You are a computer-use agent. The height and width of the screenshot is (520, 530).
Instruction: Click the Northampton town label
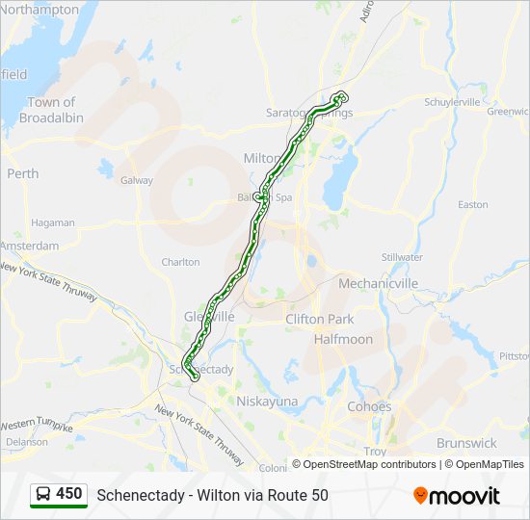41,9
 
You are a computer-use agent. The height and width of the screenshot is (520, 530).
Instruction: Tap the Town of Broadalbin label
51,110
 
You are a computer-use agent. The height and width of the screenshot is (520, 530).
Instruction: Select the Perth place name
23,173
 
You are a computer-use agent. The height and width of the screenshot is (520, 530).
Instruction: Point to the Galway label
137,180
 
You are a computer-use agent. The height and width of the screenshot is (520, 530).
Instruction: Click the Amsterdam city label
30,246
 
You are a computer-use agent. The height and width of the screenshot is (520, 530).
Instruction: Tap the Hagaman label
52,222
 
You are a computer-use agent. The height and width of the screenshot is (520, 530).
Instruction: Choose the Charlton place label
180,262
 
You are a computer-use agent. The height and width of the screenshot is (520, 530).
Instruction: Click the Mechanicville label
378,283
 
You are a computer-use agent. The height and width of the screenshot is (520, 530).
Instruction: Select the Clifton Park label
320,319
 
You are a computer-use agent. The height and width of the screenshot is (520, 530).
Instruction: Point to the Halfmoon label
343,339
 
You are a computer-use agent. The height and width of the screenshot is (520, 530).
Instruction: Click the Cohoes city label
369,406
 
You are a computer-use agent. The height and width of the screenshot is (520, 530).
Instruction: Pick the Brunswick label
466,443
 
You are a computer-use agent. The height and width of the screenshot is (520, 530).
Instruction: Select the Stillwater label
402,257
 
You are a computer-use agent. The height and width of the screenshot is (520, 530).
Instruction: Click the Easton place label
473,204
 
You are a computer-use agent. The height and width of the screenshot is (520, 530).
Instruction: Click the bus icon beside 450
43,494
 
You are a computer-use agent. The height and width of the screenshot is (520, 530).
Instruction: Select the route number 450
69,494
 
